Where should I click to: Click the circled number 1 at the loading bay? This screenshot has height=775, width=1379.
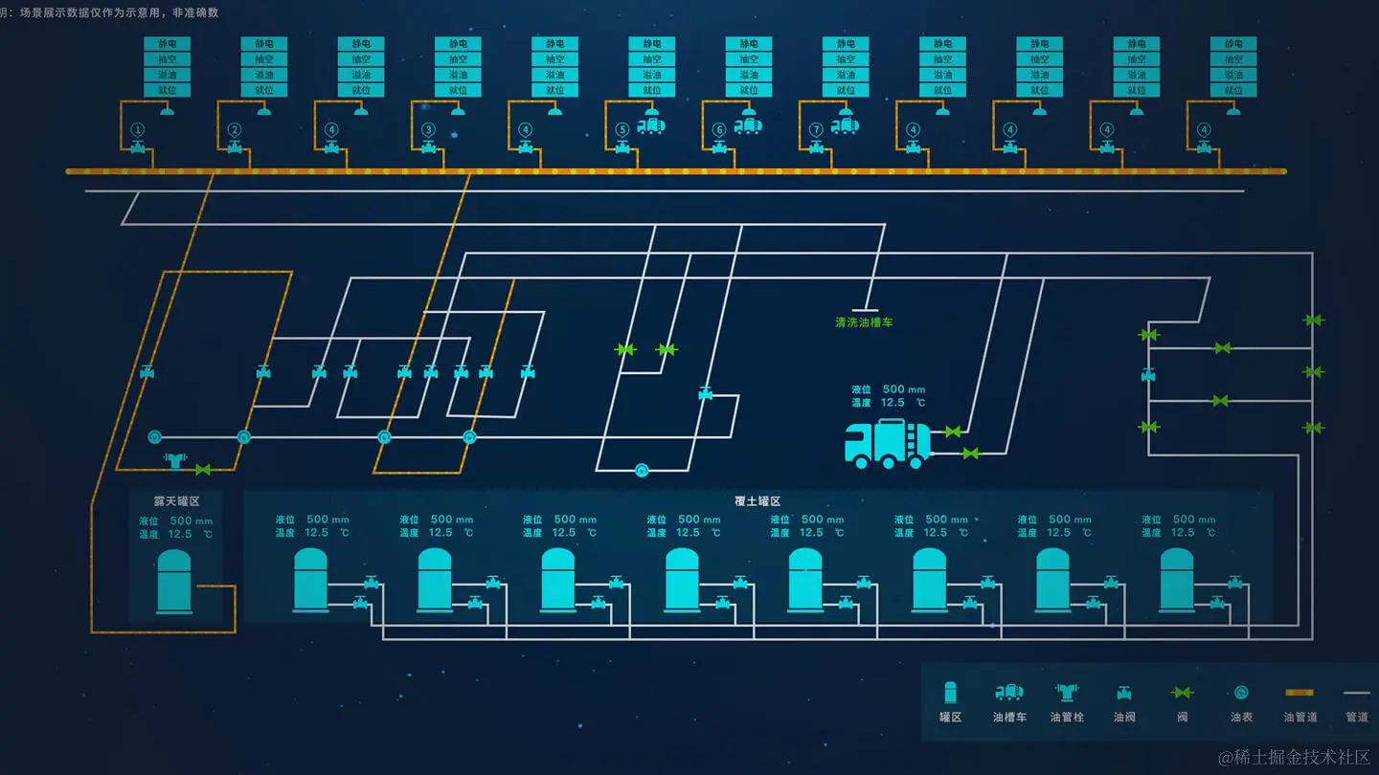pyautogui.click(x=138, y=130)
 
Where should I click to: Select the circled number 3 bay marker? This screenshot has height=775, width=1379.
pyautogui.click(x=428, y=130)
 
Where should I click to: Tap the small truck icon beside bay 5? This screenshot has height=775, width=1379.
pyautogui.click(x=650, y=125)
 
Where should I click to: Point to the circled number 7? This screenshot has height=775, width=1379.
pyautogui.click(x=816, y=130)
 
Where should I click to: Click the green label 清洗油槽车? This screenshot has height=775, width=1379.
pyautogui.click(x=864, y=322)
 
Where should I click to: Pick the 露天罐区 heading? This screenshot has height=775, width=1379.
pyautogui.click(x=176, y=501)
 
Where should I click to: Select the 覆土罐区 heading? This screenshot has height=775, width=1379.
pyautogui.click(x=757, y=501)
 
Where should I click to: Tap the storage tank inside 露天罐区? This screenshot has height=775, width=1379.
pyautogui.click(x=175, y=582)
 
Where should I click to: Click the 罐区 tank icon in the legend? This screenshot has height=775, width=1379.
pyautogui.click(x=950, y=693)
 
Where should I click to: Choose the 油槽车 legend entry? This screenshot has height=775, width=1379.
pyautogui.click(x=1009, y=693)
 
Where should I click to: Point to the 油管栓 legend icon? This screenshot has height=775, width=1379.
pyautogui.click(x=1066, y=693)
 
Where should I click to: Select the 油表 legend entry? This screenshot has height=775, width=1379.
pyautogui.click(x=1241, y=693)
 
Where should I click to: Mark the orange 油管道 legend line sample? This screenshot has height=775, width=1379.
pyautogui.click(x=1299, y=692)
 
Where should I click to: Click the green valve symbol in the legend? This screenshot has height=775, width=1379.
pyautogui.click(x=1183, y=693)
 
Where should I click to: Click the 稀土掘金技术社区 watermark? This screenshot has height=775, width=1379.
pyautogui.click(x=1294, y=757)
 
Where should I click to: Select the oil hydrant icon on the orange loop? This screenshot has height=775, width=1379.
pyautogui.click(x=174, y=461)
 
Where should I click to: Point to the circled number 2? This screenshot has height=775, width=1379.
pyautogui.click(x=235, y=130)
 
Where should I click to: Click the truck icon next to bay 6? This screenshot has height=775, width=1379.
pyautogui.click(x=747, y=125)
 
